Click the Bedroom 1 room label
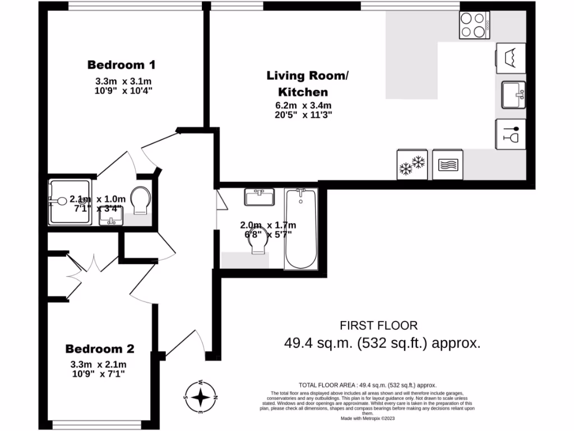tap(121, 65)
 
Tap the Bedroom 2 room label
tap(100, 349)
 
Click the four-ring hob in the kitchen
tap(474, 25)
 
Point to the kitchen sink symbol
tap(513, 94)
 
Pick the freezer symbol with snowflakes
tap(411, 164)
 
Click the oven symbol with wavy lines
tap(447, 164)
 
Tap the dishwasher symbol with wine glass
tap(511, 135)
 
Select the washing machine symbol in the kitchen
tap(511, 58)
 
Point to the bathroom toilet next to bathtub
tap(258, 245)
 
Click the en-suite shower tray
tap(70, 201)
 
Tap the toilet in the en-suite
tap(140, 200)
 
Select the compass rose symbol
tap(200, 397)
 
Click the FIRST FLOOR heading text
tap(379, 325)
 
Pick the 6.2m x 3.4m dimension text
tap(303, 106)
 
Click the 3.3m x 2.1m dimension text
tap(99, 364)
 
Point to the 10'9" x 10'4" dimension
tap(124, 90)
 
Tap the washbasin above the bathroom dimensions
tap(260, 197)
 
